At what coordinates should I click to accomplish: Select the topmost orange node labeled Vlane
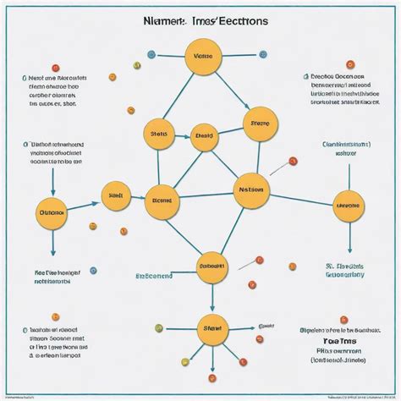point(202,58)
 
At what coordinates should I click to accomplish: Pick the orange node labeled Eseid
point(204,135)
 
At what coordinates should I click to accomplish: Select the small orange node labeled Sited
point(116,195)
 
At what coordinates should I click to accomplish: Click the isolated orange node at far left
point(52,212)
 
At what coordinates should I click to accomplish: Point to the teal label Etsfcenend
point(155,275)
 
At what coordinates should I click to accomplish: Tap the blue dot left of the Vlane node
point(151,54)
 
